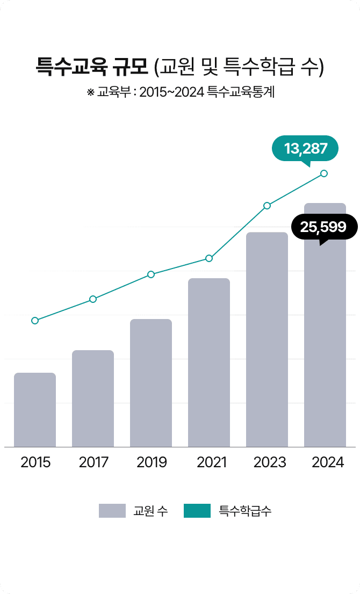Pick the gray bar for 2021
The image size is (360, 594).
(209, 362)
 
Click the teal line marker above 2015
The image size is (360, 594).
(35, 321)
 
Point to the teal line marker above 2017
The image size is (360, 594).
(93, 299)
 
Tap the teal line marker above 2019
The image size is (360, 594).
(151, 274)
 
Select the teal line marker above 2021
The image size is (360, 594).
(209, 258)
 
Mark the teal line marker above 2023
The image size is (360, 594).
(267, 206)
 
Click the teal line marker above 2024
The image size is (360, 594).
(324, 173)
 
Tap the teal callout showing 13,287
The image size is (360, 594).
(305, 148)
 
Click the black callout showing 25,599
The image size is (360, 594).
(323, 227)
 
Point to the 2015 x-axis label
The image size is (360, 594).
(35, 462)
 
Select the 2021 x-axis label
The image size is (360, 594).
(209, 462)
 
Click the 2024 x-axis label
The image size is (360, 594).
(328, 462)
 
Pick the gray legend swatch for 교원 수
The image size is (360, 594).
(112, 511)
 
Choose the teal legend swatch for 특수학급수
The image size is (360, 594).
(197, 511)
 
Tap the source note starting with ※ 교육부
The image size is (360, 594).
(181, 92)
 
